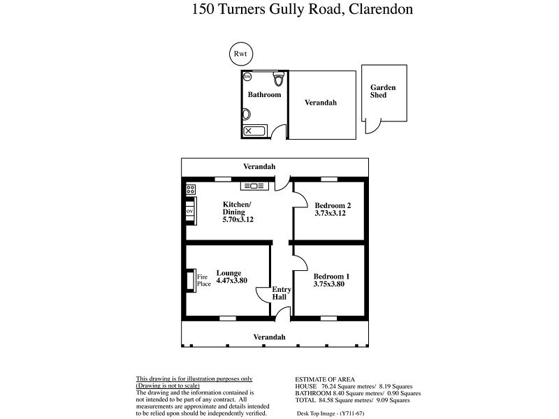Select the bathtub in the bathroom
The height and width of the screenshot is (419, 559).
tap(254, 131)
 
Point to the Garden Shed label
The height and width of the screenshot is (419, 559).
tap(383, 91)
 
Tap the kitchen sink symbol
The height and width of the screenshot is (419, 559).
tap(252, 186)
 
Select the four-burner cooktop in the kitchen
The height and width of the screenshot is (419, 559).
tap(190, 189)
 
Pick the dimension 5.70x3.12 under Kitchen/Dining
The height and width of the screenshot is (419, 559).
tap(238, 219)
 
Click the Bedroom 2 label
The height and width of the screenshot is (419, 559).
tap(332, 205)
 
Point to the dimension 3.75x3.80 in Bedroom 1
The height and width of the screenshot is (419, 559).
tap(331, 285)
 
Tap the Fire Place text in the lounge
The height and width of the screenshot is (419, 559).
tap(203, 280)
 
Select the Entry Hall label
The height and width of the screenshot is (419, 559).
tap(280, 293)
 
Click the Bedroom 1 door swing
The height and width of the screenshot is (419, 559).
tap(300, 263)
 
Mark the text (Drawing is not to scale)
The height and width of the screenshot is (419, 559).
tap(168, 385)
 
